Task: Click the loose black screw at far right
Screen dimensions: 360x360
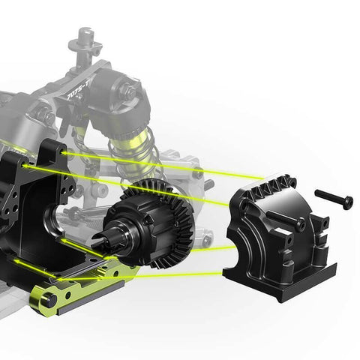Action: pos(333,198)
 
